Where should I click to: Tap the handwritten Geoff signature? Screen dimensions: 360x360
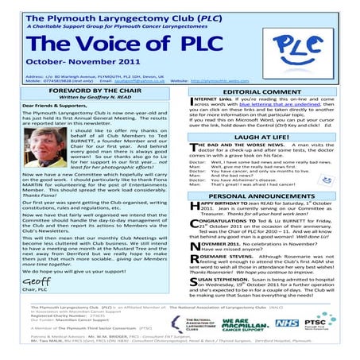point(37,280)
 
